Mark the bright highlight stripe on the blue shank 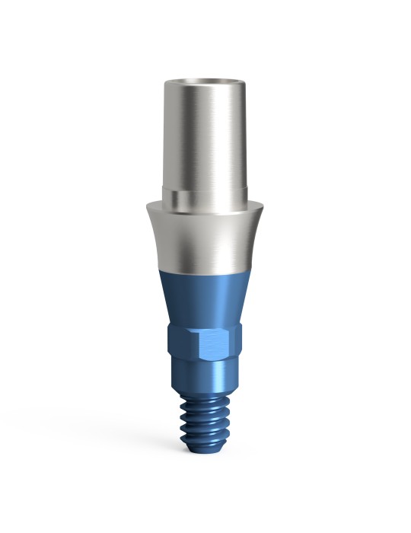coord(220,385)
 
